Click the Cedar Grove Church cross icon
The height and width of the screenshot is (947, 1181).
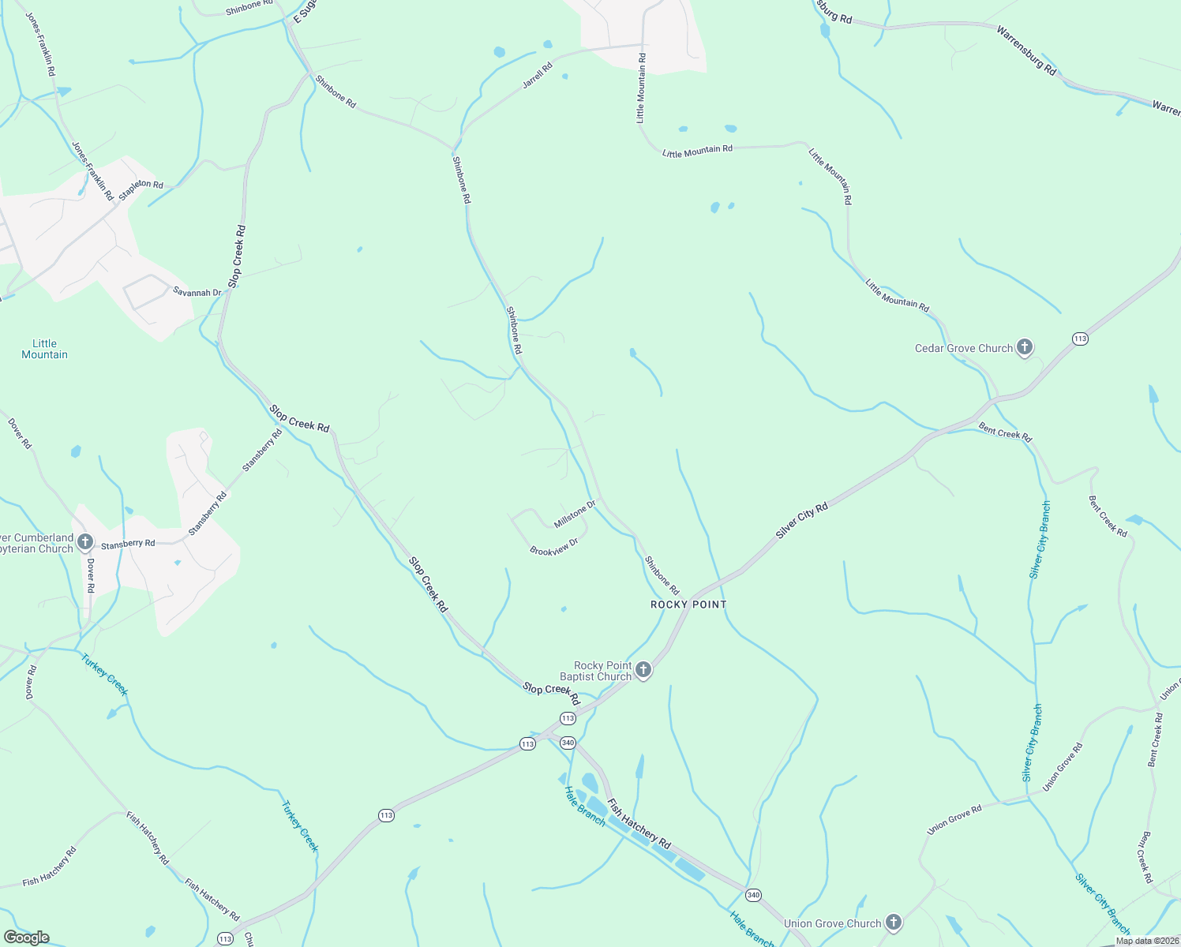(x=1024, y=347)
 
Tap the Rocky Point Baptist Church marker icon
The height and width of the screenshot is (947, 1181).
(x=643, y=671)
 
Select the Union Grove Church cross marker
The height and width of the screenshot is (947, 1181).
(x=893, y=923)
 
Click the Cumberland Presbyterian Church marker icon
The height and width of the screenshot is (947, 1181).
(x=85, y=542)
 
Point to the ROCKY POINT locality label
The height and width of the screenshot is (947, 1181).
(x=688, y=605)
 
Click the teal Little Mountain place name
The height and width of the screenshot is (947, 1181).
(x=44, y=349)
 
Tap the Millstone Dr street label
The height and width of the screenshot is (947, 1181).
(x=575, y=514)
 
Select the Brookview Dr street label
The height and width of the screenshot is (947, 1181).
(x=554, y=546)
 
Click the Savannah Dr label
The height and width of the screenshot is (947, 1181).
(x=197, y=292)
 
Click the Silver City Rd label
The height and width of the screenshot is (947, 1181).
(x=801, y=521)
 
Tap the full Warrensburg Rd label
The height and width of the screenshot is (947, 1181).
(x=1026, y=51)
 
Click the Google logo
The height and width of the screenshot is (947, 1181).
(x=27, y=938)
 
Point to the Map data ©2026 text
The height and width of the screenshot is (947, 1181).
(x=1145, y=941)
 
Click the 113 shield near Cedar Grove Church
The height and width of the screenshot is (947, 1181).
(x=1080, y=339)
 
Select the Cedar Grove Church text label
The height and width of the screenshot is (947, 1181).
(x=963, y=348)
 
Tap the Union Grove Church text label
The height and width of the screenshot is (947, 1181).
(x=832, y=923)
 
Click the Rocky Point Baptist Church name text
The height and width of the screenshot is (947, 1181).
(x=596, y=671)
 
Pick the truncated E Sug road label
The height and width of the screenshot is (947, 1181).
(x=299, y=13)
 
